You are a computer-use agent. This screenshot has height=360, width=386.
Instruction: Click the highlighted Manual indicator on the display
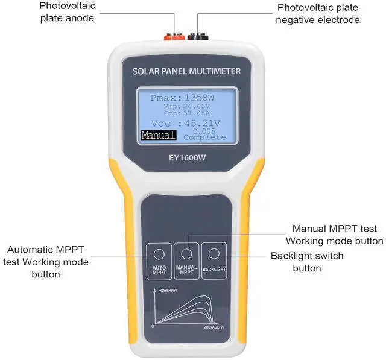pyautogui.click(x=159, y=136)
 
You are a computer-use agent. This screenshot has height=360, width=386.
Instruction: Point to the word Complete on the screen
pyautogui.click(x=204, y=137)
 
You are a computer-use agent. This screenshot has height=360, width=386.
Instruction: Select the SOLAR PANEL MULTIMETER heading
pyautogui.click(x=186, y=72)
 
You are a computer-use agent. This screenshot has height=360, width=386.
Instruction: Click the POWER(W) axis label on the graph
pyautogui.click(x=168, y=291)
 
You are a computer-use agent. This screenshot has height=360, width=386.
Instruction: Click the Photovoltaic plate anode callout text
pyautogui.click(x=68, y=12)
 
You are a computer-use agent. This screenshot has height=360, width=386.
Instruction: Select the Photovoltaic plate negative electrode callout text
pyautogui.click(x=318, y=14)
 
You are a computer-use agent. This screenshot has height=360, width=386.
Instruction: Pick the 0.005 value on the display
pyautogui.click(x=204, y=130)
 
